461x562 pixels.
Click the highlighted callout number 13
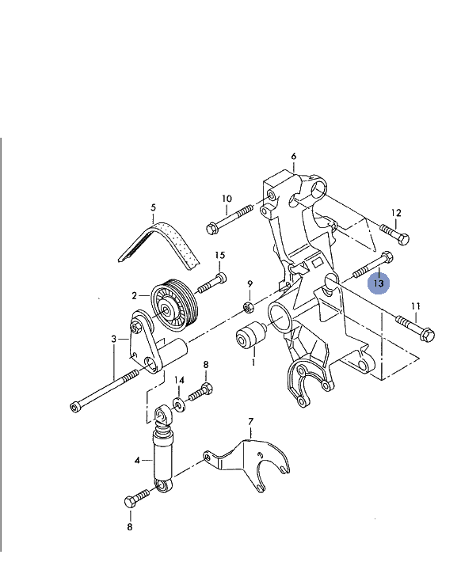point(379,283)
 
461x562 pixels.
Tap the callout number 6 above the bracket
point(294,156)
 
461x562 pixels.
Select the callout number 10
point(227,199)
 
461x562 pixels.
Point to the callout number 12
point(396,213)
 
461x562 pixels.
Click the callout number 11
point(415,306)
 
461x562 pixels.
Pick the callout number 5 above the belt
point(153,207)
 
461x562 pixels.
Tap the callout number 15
point(220,255)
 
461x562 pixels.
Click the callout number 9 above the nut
point(250,284)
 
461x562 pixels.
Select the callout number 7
point(250,421)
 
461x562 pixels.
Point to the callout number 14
point(179,380)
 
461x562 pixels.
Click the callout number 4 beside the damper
point(137,460)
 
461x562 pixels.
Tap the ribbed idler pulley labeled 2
point(174,306)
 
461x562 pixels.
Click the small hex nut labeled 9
point(248,307)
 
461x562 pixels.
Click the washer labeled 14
point(178,404)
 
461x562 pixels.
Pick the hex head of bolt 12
point(404,239)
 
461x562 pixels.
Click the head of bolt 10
point(212,228)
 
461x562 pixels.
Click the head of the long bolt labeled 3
point(75,407)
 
